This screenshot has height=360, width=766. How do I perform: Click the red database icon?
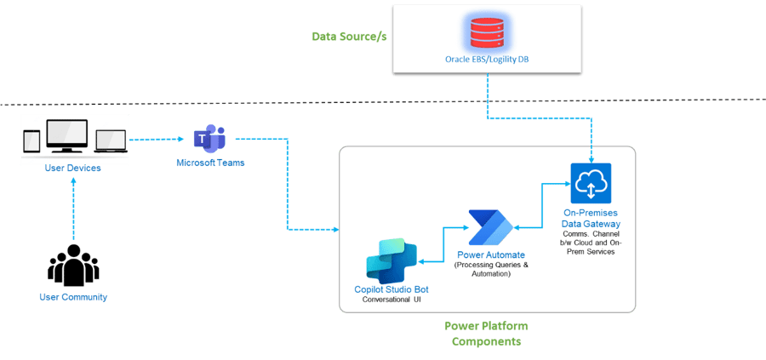point(488,33)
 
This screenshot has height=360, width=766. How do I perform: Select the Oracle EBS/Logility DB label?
point(488,59)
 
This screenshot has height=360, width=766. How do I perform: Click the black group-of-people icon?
point(73,267)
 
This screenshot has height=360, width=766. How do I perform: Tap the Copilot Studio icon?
point(391,260)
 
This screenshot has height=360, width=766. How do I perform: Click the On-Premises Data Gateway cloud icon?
point(590,183)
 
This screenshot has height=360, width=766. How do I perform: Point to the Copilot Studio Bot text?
point(392,290)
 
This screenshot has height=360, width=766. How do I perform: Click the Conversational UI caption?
point(392,300)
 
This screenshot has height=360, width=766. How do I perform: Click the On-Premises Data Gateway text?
point(592,217)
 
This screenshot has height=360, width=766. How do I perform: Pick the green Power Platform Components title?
point(486,334)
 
